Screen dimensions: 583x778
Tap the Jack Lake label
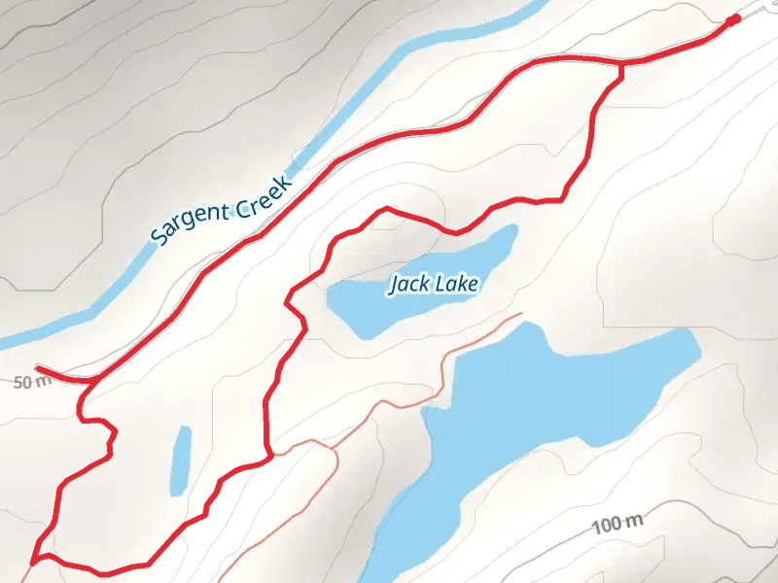tap(435, 284)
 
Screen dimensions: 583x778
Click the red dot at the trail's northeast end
tap(733, 18)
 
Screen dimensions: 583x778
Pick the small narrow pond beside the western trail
tap(181, 459)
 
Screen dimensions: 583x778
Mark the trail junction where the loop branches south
tap(621, 64)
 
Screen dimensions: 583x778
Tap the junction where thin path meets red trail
tap(270, 454)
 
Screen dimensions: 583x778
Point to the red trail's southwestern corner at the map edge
tap(34, 561)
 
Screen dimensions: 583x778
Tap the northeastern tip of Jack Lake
tap(512, 230)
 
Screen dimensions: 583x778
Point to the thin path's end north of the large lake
tap(522, 314)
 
